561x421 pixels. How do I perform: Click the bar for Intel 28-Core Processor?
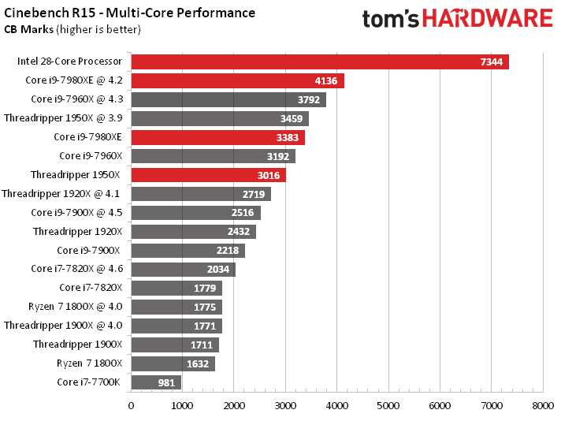(319, 61)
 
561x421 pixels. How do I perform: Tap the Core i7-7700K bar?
(156, 382)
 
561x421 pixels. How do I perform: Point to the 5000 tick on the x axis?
(388, 406)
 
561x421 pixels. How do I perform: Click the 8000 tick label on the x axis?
(542, 406)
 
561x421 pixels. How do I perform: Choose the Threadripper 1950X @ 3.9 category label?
(63, 118)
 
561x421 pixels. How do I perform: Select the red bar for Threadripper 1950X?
(208, 175)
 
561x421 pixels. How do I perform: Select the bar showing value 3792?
(228, 99)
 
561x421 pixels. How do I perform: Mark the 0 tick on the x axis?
(131, 406)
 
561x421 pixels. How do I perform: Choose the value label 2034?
(219, 270)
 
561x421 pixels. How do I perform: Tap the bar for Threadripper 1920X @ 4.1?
(200, 194)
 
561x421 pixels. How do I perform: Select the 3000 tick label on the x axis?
(285, 406)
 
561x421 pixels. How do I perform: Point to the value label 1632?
(199, 364)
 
